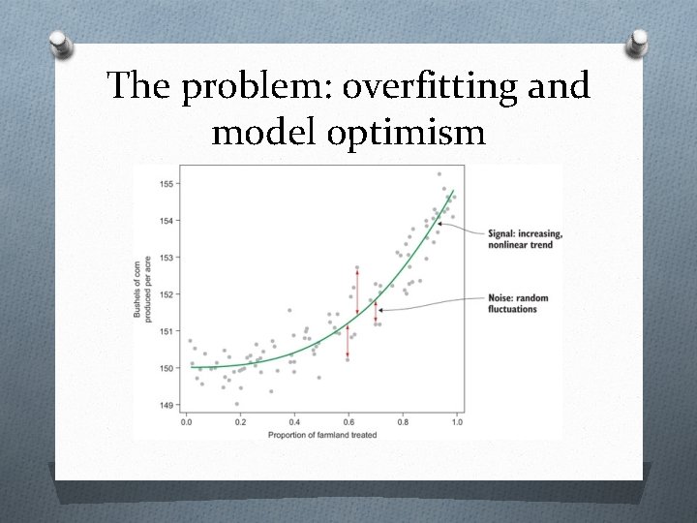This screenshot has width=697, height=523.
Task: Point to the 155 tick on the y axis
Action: coord(167,183)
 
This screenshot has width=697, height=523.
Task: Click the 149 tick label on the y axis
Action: coord(167,405)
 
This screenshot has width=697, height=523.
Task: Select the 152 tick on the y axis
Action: coord(167,294)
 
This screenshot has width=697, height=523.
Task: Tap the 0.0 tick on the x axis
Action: coord(186,422)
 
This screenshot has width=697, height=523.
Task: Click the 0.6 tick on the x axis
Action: coord(348,422)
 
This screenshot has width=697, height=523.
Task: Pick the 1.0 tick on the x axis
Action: coord(457,422)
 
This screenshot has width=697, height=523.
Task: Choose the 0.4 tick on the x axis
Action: coord(294,422)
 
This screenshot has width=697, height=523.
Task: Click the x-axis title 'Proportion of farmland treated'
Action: coord(321,434)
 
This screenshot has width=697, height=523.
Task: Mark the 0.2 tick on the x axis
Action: coord(240,422)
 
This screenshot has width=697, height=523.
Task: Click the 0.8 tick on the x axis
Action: coord(403,422)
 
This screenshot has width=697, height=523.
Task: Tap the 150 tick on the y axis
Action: coord(167,368)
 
